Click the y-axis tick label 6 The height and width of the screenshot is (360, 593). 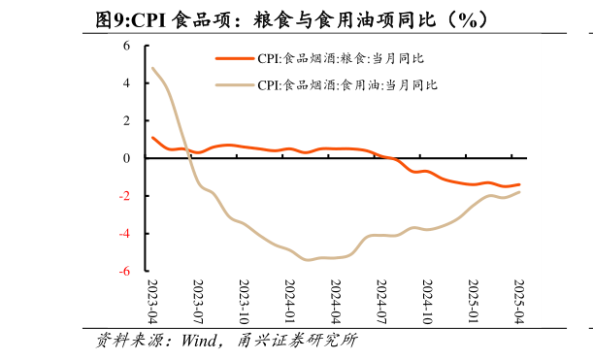(127, 46)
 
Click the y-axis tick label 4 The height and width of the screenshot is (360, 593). (127, 83)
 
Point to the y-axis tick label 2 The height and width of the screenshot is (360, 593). (127, 121)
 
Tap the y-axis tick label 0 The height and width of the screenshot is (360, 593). (127, 158)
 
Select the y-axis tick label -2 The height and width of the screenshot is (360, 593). (125, 196)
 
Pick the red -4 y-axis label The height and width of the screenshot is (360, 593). (125, 234)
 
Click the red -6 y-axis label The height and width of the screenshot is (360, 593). (125, 272)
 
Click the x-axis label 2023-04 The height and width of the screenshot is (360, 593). (152, 302)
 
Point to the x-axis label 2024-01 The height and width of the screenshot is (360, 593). (290, 302)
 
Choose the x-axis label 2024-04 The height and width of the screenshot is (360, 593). (336, 302)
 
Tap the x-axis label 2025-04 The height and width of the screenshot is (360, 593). (518, 302)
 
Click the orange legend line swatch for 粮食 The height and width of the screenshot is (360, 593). (234, 59)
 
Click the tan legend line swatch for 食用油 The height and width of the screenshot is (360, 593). (234, 85)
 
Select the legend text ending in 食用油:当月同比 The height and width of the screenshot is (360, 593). (347, 85)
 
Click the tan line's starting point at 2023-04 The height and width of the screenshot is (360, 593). (153, 68)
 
